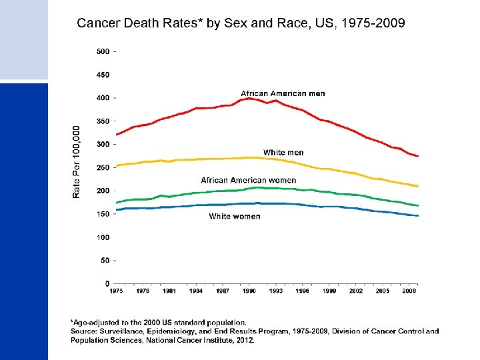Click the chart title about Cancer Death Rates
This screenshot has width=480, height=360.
click(x=241, y=24)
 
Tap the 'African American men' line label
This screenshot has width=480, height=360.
click(x=283, y=93)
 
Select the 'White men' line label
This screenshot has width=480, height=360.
click(x=283, y=153)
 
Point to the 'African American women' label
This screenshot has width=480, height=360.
click(x=249, y=180)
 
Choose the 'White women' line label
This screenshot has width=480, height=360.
click(x=235, y=216)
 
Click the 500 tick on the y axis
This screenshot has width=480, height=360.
click(x=103, y=51)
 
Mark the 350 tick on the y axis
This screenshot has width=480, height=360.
click(x=103, y=121)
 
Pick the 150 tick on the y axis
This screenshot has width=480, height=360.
click(x=103, y=214)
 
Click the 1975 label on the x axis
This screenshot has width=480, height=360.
click(x=116, y=291)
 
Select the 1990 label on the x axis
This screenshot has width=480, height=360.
click(x=249, y=291)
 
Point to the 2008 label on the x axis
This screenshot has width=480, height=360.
click(x=409, y=291)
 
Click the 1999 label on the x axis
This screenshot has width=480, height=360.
click(x=329, y=291)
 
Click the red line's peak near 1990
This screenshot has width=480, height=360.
click(x=249, y=98)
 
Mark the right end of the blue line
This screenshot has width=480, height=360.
click(x=418, y=216)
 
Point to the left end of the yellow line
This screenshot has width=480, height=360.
click(x=117, y=165)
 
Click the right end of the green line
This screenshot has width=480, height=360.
click(x=418, y=205)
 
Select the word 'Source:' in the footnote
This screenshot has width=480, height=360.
click(x=84, y=331)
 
